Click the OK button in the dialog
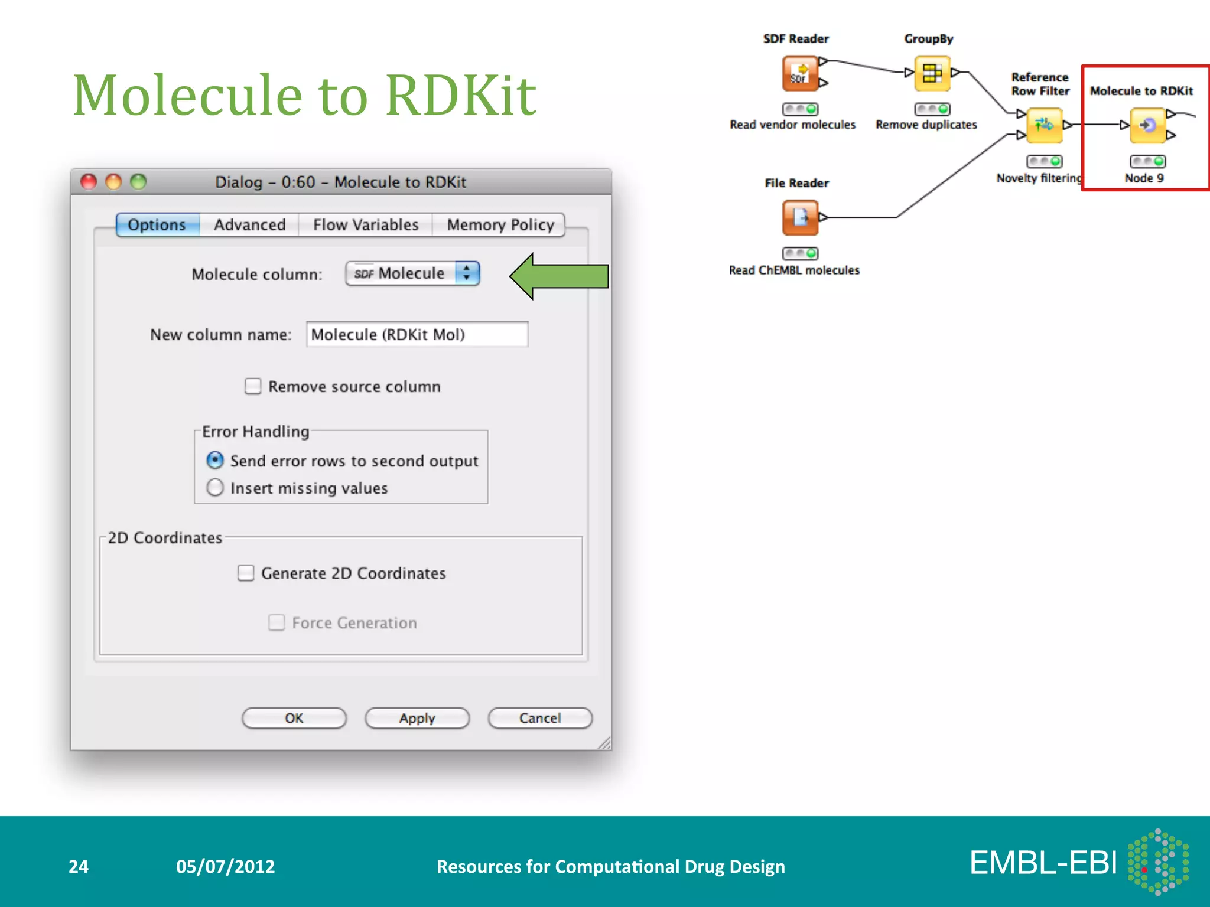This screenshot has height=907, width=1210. point(294,718)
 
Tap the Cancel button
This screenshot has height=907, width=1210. point(539,718)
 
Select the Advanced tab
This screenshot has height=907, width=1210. point(249,225)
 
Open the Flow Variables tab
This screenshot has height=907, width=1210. point(365,225)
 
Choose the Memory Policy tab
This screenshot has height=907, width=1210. point(500,225)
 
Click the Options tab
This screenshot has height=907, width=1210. point(157,225)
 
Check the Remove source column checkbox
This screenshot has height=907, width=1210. point(253,387)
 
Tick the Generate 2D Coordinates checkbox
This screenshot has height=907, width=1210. point(246,573)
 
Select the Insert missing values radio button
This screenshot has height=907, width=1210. point(215,488)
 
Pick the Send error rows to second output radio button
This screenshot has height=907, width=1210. point(215,460)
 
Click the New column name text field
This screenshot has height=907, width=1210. point(417,335)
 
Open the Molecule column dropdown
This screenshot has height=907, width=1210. point(412,273)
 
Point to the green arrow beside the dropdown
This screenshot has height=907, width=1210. point(558,276)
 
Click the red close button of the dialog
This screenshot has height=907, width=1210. point(89,182)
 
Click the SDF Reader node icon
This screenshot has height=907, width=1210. point(800,73)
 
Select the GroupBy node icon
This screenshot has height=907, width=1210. point(932,73)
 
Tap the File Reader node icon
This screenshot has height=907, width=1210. point(800,217)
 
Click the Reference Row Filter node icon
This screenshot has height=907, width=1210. point(1044,125)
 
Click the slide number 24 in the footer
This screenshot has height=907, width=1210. point(79,866)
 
